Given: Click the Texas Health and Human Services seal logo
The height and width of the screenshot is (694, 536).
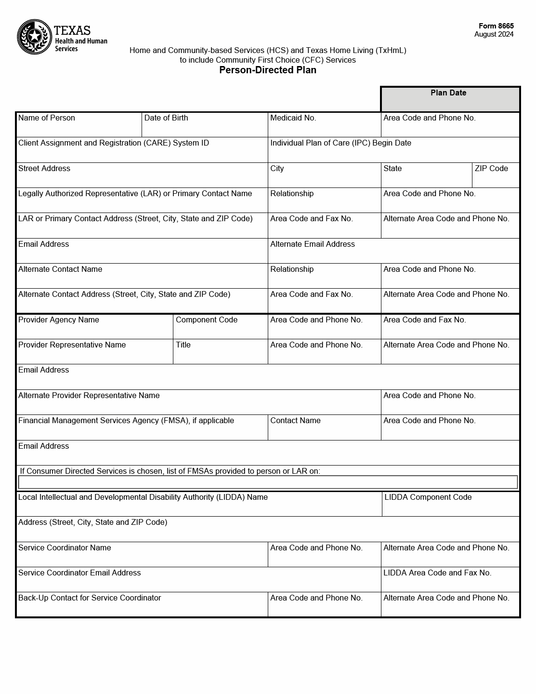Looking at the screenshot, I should pos(35,37).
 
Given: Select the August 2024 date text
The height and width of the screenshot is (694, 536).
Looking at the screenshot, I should pos(494,34).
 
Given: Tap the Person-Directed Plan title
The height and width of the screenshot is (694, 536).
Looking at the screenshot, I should pos(268,70).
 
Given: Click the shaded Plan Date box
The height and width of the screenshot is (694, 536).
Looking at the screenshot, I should pos(450,100).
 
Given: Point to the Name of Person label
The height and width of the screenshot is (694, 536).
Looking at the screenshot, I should pos(47,118).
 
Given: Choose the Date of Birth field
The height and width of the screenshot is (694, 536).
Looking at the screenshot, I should pos(204,125).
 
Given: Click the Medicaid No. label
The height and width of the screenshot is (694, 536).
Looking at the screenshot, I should pos(293,118).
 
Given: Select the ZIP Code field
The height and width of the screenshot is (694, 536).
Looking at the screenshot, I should pos(496,175).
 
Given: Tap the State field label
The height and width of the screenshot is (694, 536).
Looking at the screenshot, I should pos(392,169).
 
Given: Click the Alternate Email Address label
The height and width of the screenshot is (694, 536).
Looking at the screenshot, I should pos(313,244).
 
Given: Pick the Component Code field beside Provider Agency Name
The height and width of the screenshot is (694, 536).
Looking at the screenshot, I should pos(220,327).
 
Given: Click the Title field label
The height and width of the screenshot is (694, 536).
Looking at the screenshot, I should pos(183,345).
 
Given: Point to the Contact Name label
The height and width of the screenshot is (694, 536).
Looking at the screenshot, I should pos(295,421).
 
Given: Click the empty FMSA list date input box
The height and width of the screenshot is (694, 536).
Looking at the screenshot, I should pos(268,482).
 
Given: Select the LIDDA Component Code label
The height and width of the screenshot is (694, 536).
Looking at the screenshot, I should pos(428,497).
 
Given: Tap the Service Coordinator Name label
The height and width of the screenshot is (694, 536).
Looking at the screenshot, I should pos(65,548).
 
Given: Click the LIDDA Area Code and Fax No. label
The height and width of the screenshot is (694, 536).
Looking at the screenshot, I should pos(437,573).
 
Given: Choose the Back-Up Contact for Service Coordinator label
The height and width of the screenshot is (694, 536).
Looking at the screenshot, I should pos(90,598).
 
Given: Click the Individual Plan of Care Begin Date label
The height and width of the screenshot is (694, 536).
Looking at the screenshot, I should pos(340,143).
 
